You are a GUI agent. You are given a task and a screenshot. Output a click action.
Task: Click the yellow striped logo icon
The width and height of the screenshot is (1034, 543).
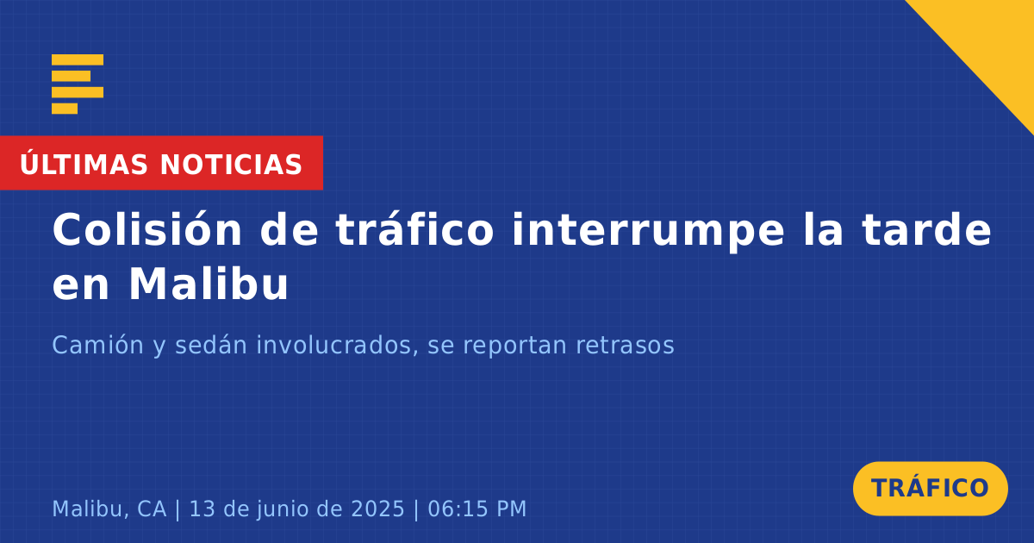78,84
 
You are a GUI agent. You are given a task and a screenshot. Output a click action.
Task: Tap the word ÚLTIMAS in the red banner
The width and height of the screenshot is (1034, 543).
84,164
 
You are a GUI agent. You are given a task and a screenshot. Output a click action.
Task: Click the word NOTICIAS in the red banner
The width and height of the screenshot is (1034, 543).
231,165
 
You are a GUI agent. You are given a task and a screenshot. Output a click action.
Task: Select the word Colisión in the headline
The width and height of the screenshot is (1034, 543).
146,229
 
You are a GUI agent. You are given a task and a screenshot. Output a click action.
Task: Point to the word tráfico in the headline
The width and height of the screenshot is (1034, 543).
414,229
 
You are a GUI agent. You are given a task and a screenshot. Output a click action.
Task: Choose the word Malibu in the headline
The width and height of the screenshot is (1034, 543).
209,284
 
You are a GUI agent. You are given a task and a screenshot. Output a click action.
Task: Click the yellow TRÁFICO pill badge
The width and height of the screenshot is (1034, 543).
930,489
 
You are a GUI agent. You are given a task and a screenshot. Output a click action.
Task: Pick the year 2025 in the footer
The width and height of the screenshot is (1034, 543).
377,509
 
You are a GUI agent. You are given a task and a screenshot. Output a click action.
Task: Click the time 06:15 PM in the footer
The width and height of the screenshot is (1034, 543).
477,509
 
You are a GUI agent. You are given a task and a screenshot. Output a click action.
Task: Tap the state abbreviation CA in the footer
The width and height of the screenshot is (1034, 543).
152,509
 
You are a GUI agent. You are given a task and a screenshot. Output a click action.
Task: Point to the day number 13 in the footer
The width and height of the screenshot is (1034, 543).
202,509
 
